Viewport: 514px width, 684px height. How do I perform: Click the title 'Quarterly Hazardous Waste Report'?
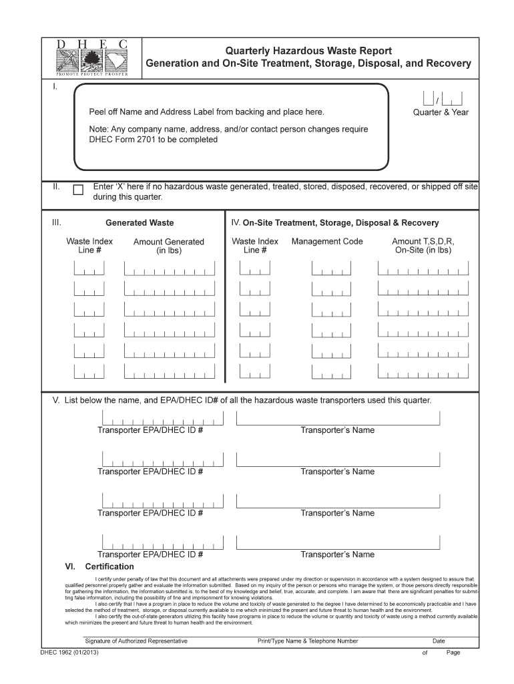point(308,51)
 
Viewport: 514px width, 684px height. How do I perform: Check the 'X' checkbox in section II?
point(78,190)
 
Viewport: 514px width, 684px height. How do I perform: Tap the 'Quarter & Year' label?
point(441,112)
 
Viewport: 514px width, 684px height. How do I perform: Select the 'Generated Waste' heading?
point(140,223)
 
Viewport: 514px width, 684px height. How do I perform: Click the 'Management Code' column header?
point(327,241)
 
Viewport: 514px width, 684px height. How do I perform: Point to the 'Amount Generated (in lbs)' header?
point(169,246)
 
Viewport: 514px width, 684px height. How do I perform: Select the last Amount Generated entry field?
point(170,372)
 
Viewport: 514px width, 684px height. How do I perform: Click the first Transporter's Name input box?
point(338,418)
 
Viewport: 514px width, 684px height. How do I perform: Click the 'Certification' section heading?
point(109,566)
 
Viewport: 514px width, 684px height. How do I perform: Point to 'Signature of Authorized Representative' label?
point(132,641)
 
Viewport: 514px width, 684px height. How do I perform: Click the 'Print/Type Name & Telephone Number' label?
point(308,641)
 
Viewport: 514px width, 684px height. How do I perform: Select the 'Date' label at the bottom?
point(439,641)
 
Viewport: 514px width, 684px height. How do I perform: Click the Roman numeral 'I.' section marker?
point(56,88)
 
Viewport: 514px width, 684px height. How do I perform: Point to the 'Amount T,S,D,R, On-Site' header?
point(423,246)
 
